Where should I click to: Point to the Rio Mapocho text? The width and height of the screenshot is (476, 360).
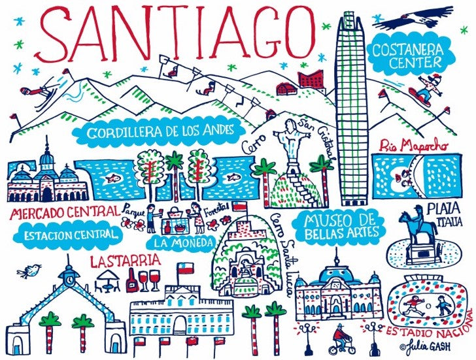click(415, 144)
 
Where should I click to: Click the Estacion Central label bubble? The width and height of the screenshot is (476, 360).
click(68, 233)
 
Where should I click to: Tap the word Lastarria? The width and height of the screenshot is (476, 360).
click(126, 261)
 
